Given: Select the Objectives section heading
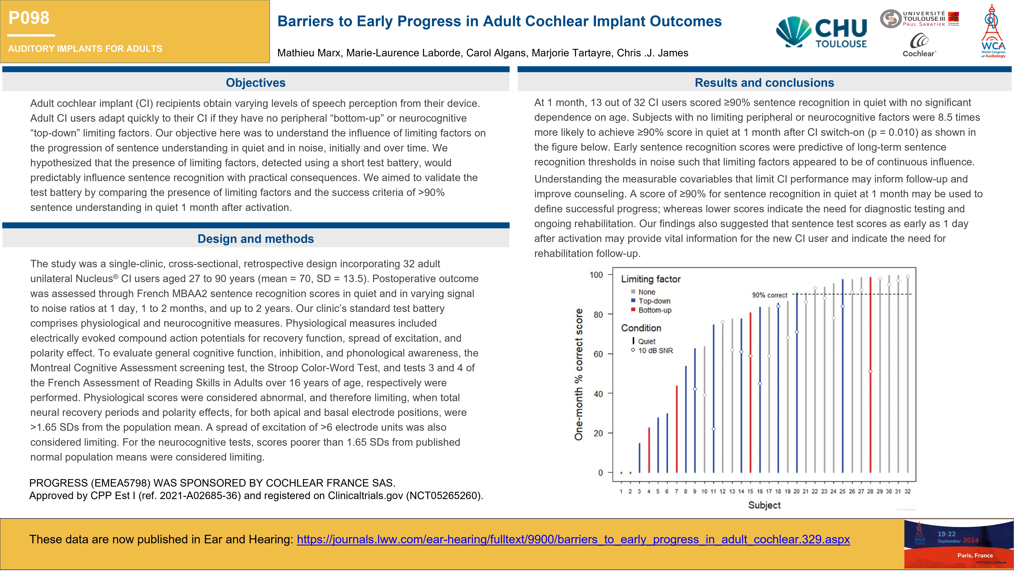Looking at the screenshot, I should coord(255,83).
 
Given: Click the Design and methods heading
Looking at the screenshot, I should coord(255,239).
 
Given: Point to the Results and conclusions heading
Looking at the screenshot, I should coord(764,83).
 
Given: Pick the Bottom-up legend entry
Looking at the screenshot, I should coord(655,310).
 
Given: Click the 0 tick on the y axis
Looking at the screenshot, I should coord(600,473).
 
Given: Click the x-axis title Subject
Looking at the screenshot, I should coord(764,505).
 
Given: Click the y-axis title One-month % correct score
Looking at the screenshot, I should coord(578,374).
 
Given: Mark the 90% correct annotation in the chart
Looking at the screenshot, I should coord(769,295).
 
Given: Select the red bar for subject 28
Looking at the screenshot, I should coord(870,374).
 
